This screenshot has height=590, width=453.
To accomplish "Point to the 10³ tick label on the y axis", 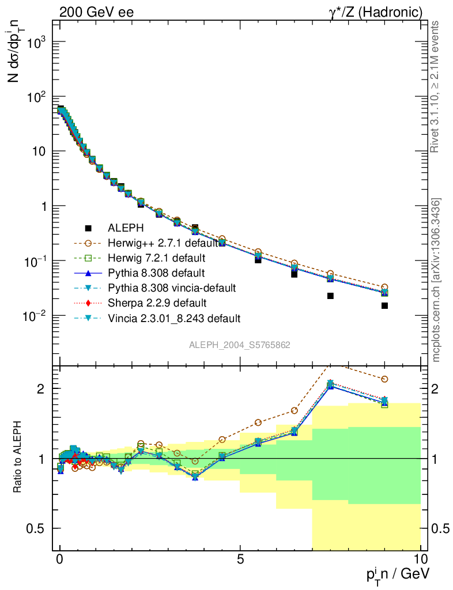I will pyautogui.click(x=34, y=43).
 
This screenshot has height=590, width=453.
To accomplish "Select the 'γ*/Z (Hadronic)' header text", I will pyautogui.click(x=376, y=12).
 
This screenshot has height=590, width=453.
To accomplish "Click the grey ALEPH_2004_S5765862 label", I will pyautogui.click(x=240, y=345).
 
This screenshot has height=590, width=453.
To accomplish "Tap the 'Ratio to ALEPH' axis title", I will pyautogui.click(x=18, y=459).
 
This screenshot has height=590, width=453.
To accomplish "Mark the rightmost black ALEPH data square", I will pyautogui.click(x=384, y=305).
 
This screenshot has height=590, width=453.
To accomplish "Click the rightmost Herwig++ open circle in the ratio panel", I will pyautogui.click(x=384, y=379).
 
